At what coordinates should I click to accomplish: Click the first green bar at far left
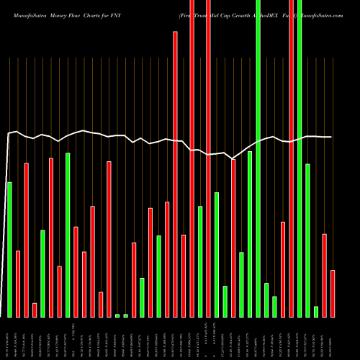pyautogui.click(x=9, y=249)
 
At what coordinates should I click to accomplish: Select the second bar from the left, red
pyautogui.click(x=18, y=284)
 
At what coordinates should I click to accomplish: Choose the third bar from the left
pyautogui.click(x=26, y=240)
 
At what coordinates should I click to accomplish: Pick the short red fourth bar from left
pyautogui.click(x=35, y=310)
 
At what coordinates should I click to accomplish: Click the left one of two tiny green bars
pyautogui.click(x=117, y=315)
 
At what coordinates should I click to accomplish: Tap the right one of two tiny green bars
pyautogui.click(x=125, y=315)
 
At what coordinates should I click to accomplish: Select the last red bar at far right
pyautogui.click(x=333, y=293)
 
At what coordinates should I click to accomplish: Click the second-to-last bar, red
pyautogui.click(x=325, y=275)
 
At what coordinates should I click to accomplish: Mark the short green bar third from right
pyautogui.click(x=316, y=311)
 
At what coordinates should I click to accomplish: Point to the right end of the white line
pyautogui.click(x=331, y=137)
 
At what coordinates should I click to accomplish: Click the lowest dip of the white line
pyautogui.click(x=232, y=158)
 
